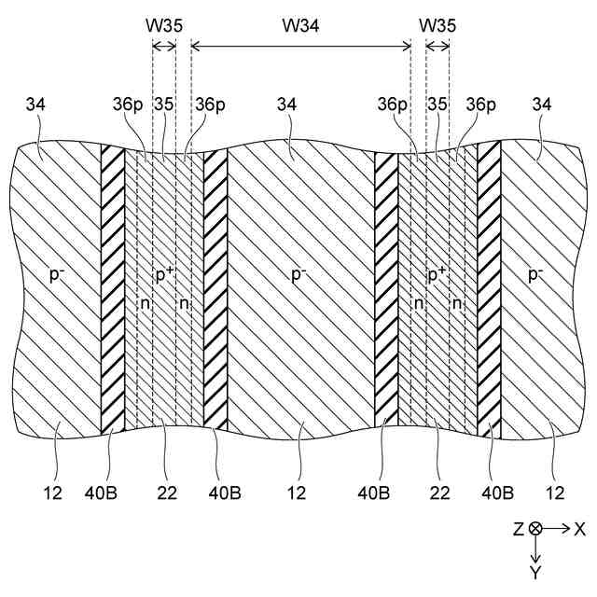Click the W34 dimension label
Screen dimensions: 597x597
(x=300, y=25)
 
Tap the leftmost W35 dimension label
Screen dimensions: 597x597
(x=163, y=25)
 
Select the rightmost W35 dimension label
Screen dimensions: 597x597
(x=437, y=25)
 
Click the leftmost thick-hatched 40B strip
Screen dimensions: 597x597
(x=113, y=289)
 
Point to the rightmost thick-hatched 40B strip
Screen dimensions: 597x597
(x=489, y=289)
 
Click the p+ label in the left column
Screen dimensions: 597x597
(x=164, y=275)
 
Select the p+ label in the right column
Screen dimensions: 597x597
(x=437, y=275)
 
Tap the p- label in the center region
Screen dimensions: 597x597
(x=298, y=275)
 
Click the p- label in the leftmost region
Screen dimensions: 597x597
(x=54, y=275)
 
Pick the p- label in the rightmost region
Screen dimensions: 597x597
(x=535, y=275)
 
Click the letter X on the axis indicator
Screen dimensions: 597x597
(x=579, y=528)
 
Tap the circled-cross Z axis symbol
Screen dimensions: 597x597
(x=535, y=528)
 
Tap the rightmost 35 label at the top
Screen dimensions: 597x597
(x=437, y=105)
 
